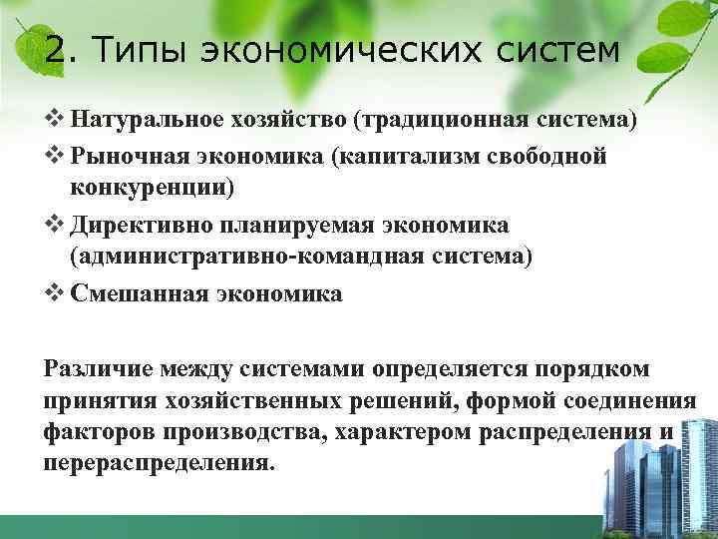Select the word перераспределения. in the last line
pyautogui.click(x=158, y=464)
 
